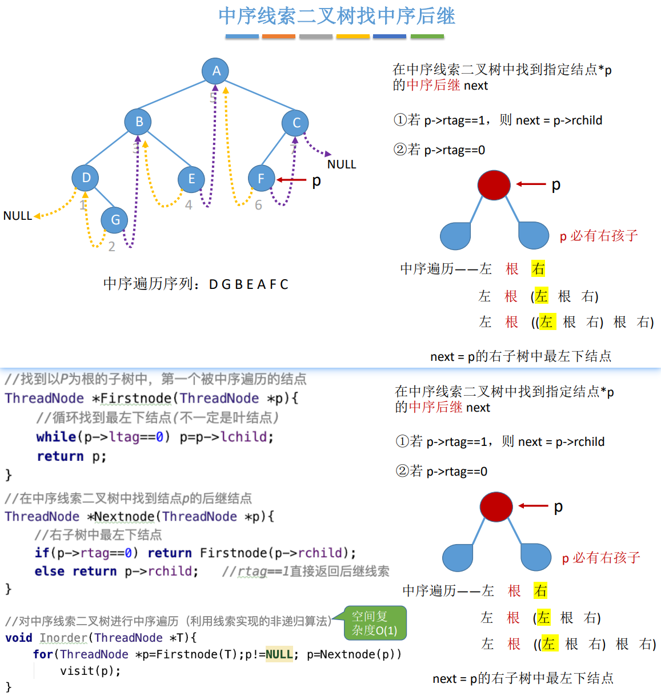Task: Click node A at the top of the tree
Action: [x=215, y=71]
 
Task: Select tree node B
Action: [x=138, y=122]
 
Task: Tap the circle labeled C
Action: [x=295, y=123]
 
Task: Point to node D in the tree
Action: [x=86, y=178]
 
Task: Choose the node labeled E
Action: [x=191, y=179]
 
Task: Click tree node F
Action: [x=261, y=179]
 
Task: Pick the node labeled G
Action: [x=115, y=220]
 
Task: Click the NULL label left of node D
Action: [x=18, y=216]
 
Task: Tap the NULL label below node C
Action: [x=342, y=164]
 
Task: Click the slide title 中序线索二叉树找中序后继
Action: [x=337, y=16]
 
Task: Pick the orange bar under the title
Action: [x=278, y=37]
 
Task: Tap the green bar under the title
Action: [x=427, y=37]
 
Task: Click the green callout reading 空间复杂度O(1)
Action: [x=374, y=623]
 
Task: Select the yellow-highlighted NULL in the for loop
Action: [x=279, y=654]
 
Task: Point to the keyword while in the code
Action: [x=56, y=437]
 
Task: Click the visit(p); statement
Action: [x=90, y=671]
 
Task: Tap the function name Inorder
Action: [x=63, y=638]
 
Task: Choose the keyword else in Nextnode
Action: [x=49, y=572]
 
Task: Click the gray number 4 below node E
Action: [x=189, y=205]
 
